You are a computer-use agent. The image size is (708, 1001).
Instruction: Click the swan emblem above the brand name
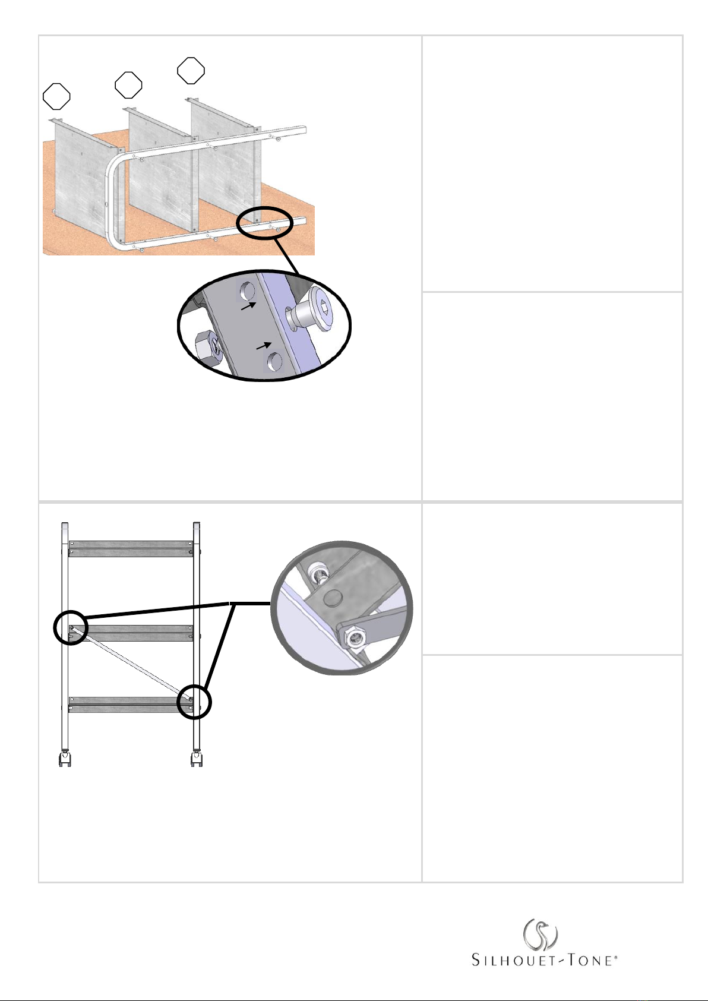coord(540,934)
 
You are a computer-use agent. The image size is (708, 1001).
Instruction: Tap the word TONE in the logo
coord(590,961)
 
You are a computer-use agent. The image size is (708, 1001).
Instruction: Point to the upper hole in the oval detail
coord(248,291)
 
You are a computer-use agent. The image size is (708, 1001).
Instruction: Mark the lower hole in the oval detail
coord(275,361)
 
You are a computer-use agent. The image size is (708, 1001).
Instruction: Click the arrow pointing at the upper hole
coord(249,306)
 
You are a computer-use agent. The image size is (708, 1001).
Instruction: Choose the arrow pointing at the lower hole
coord(264,345)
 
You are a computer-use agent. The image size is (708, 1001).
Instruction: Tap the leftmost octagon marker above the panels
coord(56,96)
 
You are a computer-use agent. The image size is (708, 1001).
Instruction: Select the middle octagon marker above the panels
coord(129,85)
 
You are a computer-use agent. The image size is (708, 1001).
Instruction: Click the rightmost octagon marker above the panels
coord(191,71)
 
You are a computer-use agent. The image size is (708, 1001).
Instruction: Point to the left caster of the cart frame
coord(65,759)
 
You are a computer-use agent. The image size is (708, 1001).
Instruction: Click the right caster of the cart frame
coord(197,759)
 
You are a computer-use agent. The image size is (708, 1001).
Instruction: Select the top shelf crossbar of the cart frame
coord(131,549)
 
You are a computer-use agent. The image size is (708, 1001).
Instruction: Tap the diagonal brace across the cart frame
coord(131,663)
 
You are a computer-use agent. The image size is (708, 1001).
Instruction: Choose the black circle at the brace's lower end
coord(194,702)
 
